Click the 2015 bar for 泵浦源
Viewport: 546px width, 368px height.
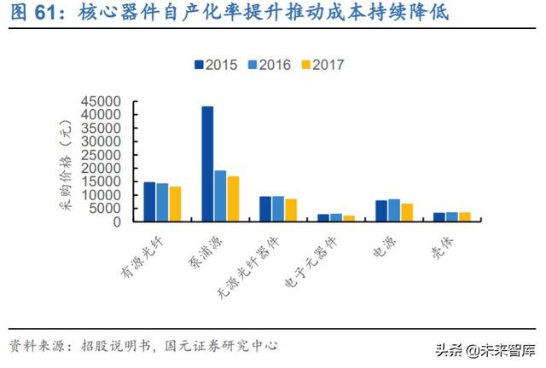[x=207, y=164]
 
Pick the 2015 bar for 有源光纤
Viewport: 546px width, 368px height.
[x=149, y=202]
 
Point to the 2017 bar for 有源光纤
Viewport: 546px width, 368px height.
[x=175, y=204]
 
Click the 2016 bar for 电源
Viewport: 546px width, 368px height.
[x=394, y=210]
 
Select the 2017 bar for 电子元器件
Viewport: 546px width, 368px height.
[x=349, y=218]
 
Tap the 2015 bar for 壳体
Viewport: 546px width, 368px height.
[x=439, y=216]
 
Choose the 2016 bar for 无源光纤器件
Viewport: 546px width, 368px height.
[x=278, y=209]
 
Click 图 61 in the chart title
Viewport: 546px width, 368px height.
[x=31, y=14]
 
